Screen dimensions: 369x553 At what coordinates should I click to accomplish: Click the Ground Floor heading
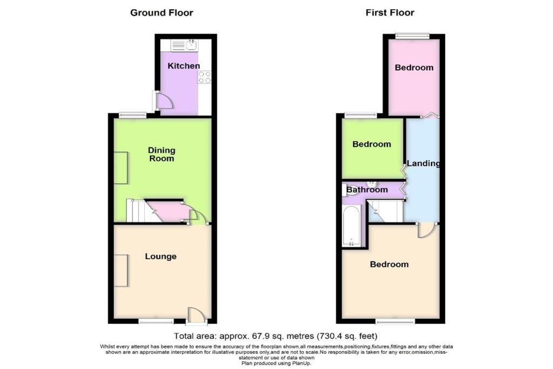[161, 12]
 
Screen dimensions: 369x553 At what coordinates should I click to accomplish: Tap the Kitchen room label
[184, 66]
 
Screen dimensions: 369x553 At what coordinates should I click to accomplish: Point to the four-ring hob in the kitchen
[204, 77]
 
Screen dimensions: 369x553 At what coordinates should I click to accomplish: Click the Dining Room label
[162, 155]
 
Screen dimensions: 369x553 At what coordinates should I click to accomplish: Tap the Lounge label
[161, 256]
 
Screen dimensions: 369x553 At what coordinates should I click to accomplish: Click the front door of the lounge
[196, 316]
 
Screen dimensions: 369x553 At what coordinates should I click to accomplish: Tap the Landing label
[423, 164]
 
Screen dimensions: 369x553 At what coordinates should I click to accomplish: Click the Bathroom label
[367, 190]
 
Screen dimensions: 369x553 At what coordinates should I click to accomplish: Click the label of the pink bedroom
[414, 68]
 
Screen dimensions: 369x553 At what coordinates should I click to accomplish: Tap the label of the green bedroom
[372, 144]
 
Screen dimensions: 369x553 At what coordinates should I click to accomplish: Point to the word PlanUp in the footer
[299, 363]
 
